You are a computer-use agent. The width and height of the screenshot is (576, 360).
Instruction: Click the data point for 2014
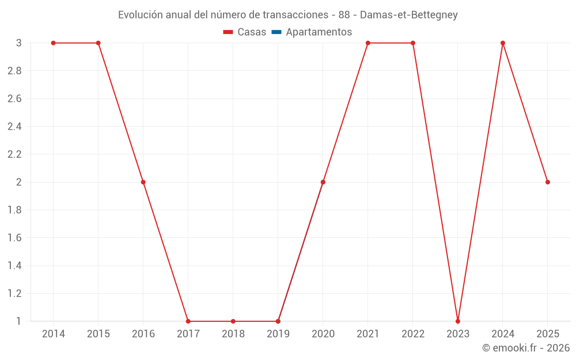[53, 43]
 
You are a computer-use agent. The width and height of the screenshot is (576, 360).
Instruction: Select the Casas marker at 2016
[143, 182]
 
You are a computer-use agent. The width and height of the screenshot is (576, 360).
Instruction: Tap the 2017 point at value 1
[188, 321]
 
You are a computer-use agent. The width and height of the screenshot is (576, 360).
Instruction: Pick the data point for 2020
[323, 182]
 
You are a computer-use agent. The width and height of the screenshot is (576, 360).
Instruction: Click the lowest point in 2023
[458, 321]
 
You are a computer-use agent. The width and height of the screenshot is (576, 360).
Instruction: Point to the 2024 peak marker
[503, 43]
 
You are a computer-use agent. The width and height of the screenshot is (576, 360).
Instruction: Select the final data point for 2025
[548, 182]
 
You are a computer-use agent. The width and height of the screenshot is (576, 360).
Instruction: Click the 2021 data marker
[368, 43]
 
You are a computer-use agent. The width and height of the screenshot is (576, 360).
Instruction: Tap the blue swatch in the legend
[276, 32]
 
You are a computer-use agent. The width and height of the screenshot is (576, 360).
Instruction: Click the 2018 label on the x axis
[233, 334]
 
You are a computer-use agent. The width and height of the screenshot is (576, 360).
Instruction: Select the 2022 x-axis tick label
[413, 334]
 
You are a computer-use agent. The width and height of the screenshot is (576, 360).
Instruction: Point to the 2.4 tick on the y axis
[14, 127]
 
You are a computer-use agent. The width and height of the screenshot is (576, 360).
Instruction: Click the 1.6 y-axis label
[14, 238]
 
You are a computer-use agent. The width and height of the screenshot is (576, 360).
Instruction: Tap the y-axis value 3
[19, 43]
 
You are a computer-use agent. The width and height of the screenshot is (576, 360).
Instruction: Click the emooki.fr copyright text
[526, 348]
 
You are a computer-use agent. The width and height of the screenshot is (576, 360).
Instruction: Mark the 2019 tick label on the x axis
[278, 334]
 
